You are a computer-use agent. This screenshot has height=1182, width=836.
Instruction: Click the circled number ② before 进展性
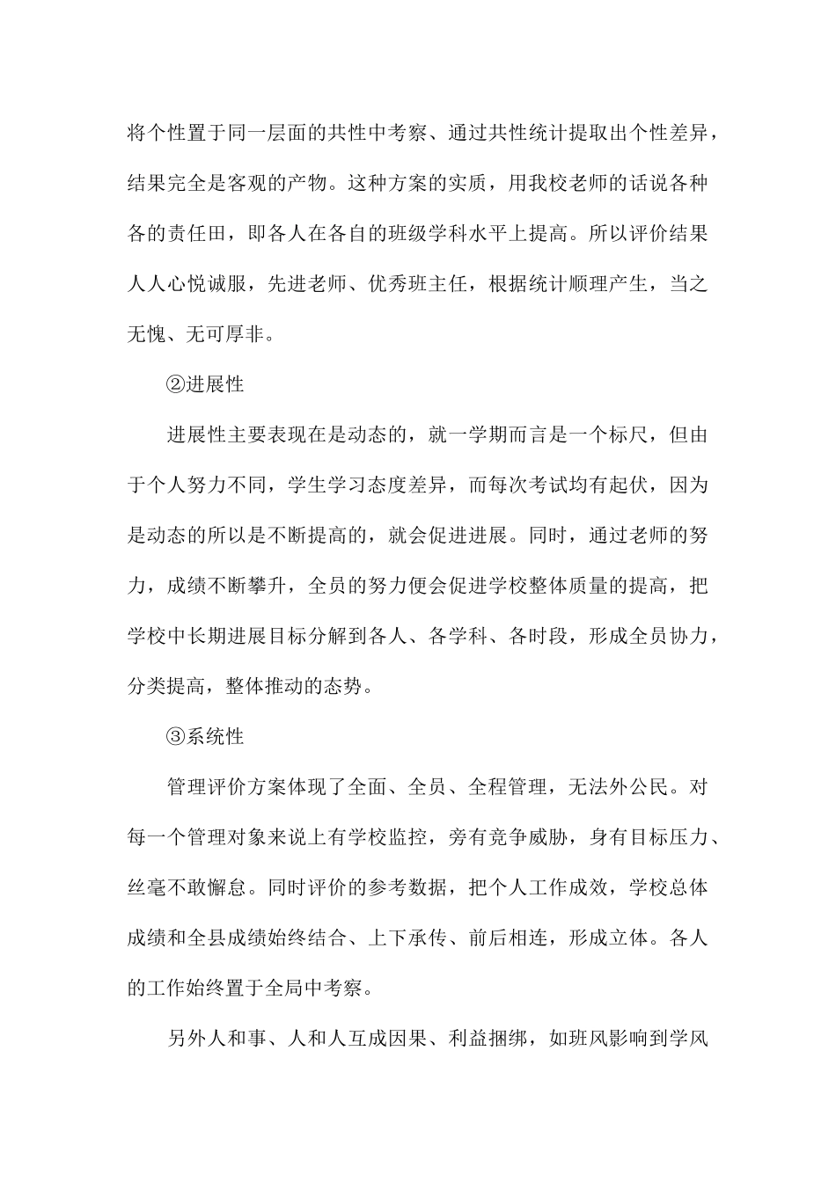click(176, 384)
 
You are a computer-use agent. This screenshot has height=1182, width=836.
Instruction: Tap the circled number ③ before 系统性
click(176, 736)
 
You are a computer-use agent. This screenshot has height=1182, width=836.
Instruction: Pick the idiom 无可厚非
click(227, 334)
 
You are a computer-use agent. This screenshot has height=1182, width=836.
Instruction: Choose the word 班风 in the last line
click(591, 1038)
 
